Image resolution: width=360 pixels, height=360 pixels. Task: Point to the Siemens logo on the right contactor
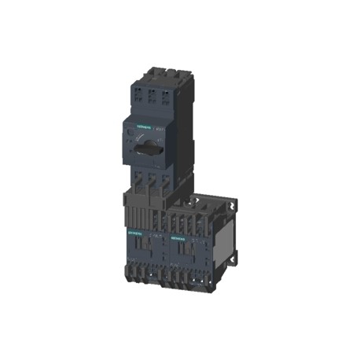point(176,234)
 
